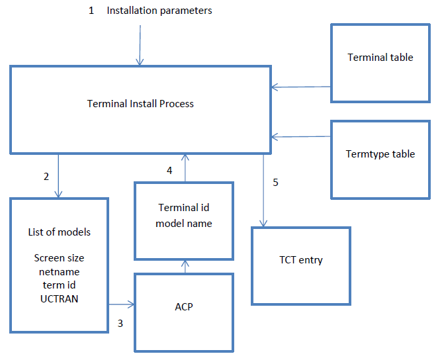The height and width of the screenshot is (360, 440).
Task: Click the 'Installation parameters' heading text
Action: pyautogui.click(x=159, y=11)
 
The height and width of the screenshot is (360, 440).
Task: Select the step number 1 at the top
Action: pyautogui.click(x=91, y=11)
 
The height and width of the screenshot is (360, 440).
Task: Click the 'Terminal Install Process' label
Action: pyautogui.click(x=140, y=103)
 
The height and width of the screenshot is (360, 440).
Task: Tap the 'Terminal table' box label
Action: pyautogui.click(x=380, y=58)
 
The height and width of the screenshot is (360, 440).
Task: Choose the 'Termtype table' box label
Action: pyautogui.click(x=380, y=154)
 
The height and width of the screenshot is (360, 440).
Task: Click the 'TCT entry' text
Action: pyautogui.click(x=300, y=260)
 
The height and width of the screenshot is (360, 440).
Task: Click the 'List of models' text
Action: pyautogui.click(x=60, y=232)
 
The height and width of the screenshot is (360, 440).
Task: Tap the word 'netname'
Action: pyautogui.click(x=60, y=271)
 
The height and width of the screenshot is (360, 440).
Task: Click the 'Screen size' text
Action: pyautogui.click(x=60, y=258)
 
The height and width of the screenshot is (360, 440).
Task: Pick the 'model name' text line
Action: pyautogui.click(x=184, y=224)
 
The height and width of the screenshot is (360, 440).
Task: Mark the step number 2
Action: pyautogui.click(x=46, y=177)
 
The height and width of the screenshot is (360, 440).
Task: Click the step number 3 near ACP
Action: pyautogui.click(x=120, y=324)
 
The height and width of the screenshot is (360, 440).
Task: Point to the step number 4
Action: pyautogui.click(x=169, y=171)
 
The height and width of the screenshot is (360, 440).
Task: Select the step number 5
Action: pyautogui.click(x=275, y=183)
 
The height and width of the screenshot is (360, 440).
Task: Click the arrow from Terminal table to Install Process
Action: pyautogui.click(x=302, y=87)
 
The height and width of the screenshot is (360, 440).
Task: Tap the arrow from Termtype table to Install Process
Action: pyautogui.click(x=302, y=137)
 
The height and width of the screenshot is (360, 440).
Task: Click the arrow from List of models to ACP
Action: pyautogui.click(x=122, y=304)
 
